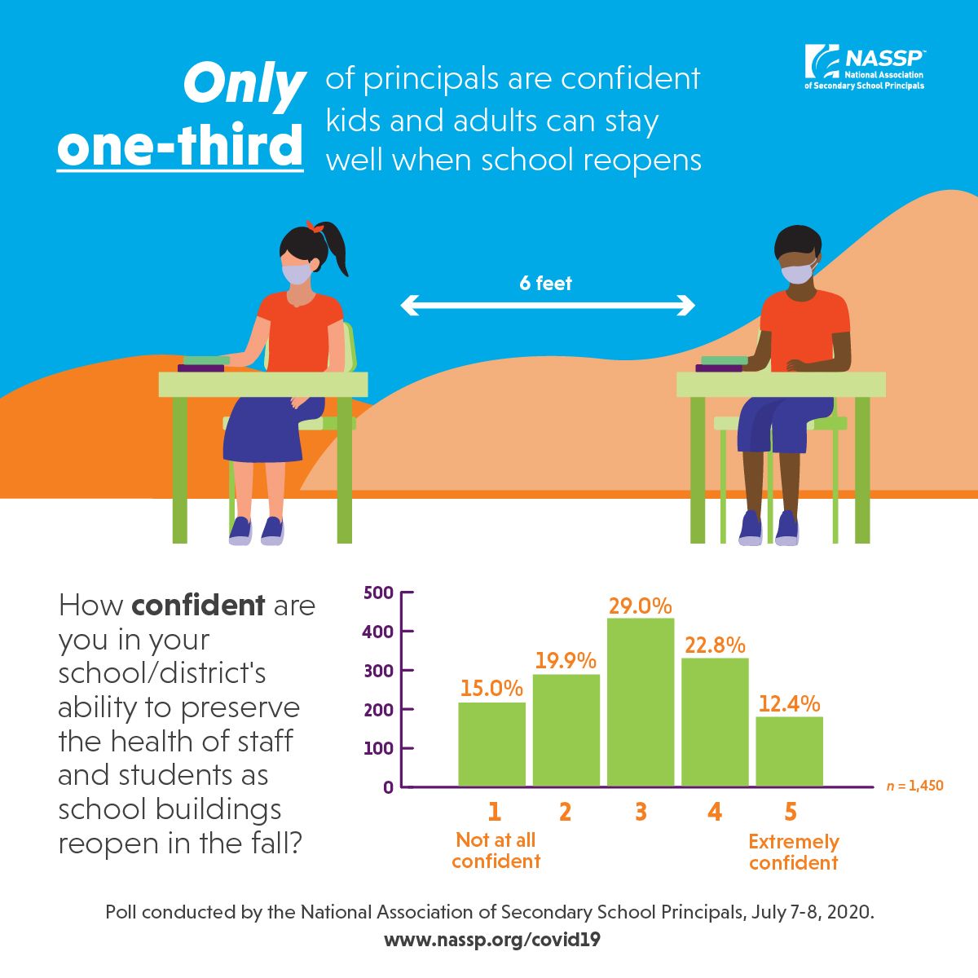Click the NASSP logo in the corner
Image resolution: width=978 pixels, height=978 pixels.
[865, 67]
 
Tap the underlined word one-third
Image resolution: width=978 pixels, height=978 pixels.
[180, 147]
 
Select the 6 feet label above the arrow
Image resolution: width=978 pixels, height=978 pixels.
[546, 284]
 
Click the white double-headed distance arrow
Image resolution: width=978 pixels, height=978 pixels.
[547, 306]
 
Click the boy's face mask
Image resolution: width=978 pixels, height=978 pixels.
[797, 271]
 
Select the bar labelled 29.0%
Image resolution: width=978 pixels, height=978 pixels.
[641, 703]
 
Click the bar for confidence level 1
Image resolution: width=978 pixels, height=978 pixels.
[491, 744]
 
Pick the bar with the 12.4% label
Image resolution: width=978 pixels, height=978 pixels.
[789, 751]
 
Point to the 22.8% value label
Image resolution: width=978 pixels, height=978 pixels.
[715, 645]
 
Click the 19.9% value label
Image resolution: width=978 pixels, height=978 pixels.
[566, 660]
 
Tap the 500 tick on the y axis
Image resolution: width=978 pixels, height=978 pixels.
[378, 593]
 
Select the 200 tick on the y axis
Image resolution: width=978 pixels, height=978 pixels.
[378, 709]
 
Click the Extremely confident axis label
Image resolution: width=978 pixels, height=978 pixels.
[793, 852]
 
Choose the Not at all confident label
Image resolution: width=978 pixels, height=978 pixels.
[496, 850]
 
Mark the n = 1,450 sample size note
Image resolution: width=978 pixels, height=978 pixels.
[914, 786]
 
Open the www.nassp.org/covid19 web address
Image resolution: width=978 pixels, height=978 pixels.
[491, 940]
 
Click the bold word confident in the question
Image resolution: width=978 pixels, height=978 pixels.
[198, 606]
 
